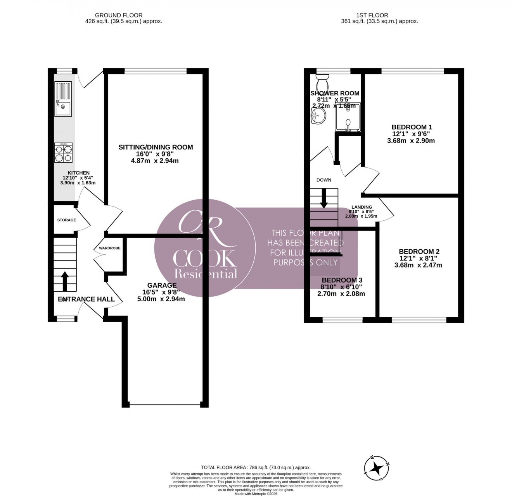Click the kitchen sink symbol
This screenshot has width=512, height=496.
[63, 99]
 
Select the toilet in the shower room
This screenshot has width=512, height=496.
[322, 82]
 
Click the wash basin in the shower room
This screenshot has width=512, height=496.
[318, 115]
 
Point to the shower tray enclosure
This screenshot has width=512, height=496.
[348, 117]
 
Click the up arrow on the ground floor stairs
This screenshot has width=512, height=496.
[65, 281]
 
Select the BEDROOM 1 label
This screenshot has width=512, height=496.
[412, 127]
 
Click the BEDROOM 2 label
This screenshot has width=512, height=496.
[419, 252]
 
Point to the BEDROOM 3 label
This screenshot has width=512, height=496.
[342, 280]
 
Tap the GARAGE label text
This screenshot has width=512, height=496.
[162, 285]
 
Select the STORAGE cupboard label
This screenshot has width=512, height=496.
[67, 220]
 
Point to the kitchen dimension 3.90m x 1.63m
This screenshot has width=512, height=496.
[78, 183]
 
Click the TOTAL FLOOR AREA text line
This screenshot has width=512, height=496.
[256, 467]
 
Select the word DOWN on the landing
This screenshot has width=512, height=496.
[324, 180]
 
